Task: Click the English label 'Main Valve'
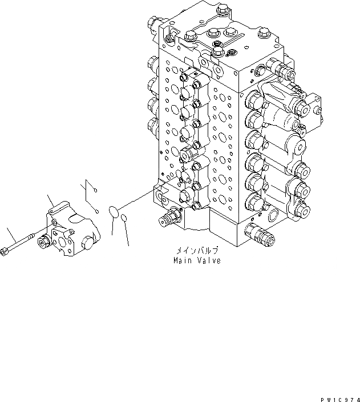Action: [197, 260]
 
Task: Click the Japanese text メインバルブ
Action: [197, 251]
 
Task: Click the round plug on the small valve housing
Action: [87, 246]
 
